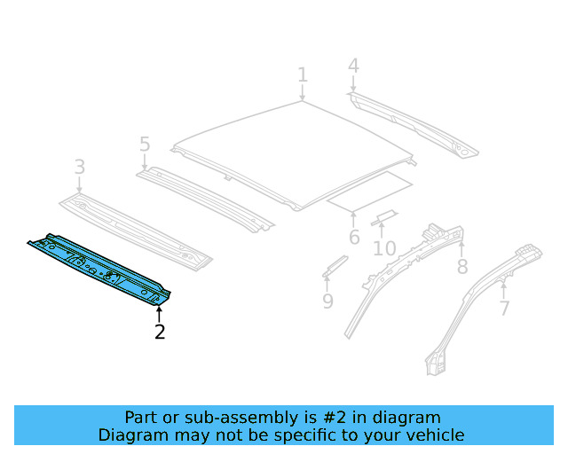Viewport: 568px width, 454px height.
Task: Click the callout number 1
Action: pyautogui.click(x=302, y=74)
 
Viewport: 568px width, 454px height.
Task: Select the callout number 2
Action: pyautogui.click(x=160, y=332)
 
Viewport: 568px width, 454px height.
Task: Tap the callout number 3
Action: pyautogui.click(x=80, y=167)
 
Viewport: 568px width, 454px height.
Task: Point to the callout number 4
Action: pyautogui.click(x=353, y=66)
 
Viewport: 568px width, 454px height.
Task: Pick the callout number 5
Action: pyautogui.click(x=145, y=145)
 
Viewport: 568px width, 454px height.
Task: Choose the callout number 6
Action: pyautogui.click(x=354, y=237)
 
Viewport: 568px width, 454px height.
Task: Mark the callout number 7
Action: pyautogui.click(x=504, y=309)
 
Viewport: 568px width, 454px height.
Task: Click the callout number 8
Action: pyautogui.click(x=461, y=266)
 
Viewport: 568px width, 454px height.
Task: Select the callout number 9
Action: pyautogui.click(x=327, y=301)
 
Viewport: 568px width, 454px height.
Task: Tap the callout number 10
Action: pyautogui.click(x=383, y=247)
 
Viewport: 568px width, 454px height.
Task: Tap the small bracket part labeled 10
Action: pyautogui.click(x=384, y=217)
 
